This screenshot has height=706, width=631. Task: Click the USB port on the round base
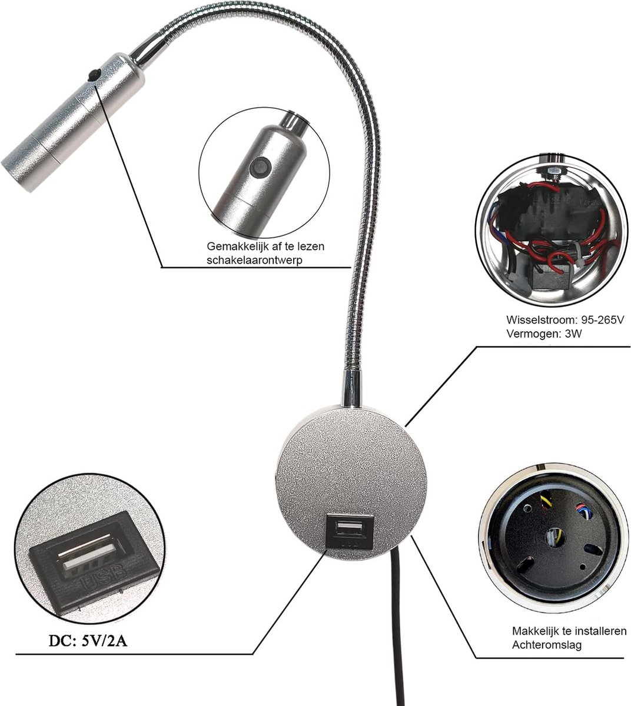(x=350, y=528)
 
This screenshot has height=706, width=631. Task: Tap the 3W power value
(x=573, y=334)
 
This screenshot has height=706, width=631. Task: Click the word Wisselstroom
(x=537, y=319)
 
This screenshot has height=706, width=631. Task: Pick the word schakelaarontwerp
(x=254, y=260)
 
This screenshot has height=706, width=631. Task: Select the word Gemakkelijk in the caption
(x=237, y=247)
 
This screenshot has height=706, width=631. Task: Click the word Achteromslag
(x=546, y=645)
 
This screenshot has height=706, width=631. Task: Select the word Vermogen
(x=529, y=334)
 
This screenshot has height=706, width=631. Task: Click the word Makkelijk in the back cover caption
(x=534, y=631)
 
